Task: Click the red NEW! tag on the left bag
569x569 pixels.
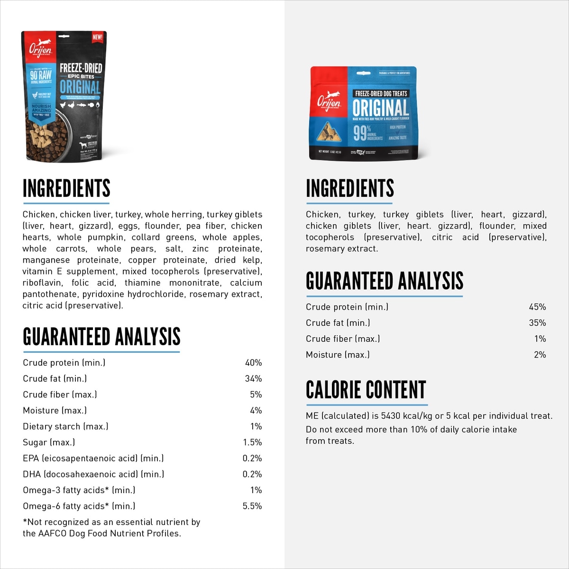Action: [97, 37]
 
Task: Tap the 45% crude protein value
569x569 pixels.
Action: [537, 307]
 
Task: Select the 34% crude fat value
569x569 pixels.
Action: [253, 378]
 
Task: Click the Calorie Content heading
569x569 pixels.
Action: [366, 390]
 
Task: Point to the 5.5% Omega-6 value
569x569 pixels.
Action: [252, 506]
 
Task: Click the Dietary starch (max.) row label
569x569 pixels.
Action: [65, 426]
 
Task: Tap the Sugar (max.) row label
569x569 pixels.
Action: [49, 442]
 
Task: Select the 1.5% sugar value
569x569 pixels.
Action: [252, 442]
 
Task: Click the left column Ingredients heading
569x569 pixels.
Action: [66, 188]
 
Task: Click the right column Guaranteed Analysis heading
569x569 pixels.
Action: [384, 281]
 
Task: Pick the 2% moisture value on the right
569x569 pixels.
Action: [540, 355]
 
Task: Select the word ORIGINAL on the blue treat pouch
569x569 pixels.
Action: [380, 108]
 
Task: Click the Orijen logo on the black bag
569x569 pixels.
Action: [40, 49]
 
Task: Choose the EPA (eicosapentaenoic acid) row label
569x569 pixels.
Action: [93, 458]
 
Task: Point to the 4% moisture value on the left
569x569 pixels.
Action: [256, 410]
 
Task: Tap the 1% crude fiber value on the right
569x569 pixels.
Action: [540, 339]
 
